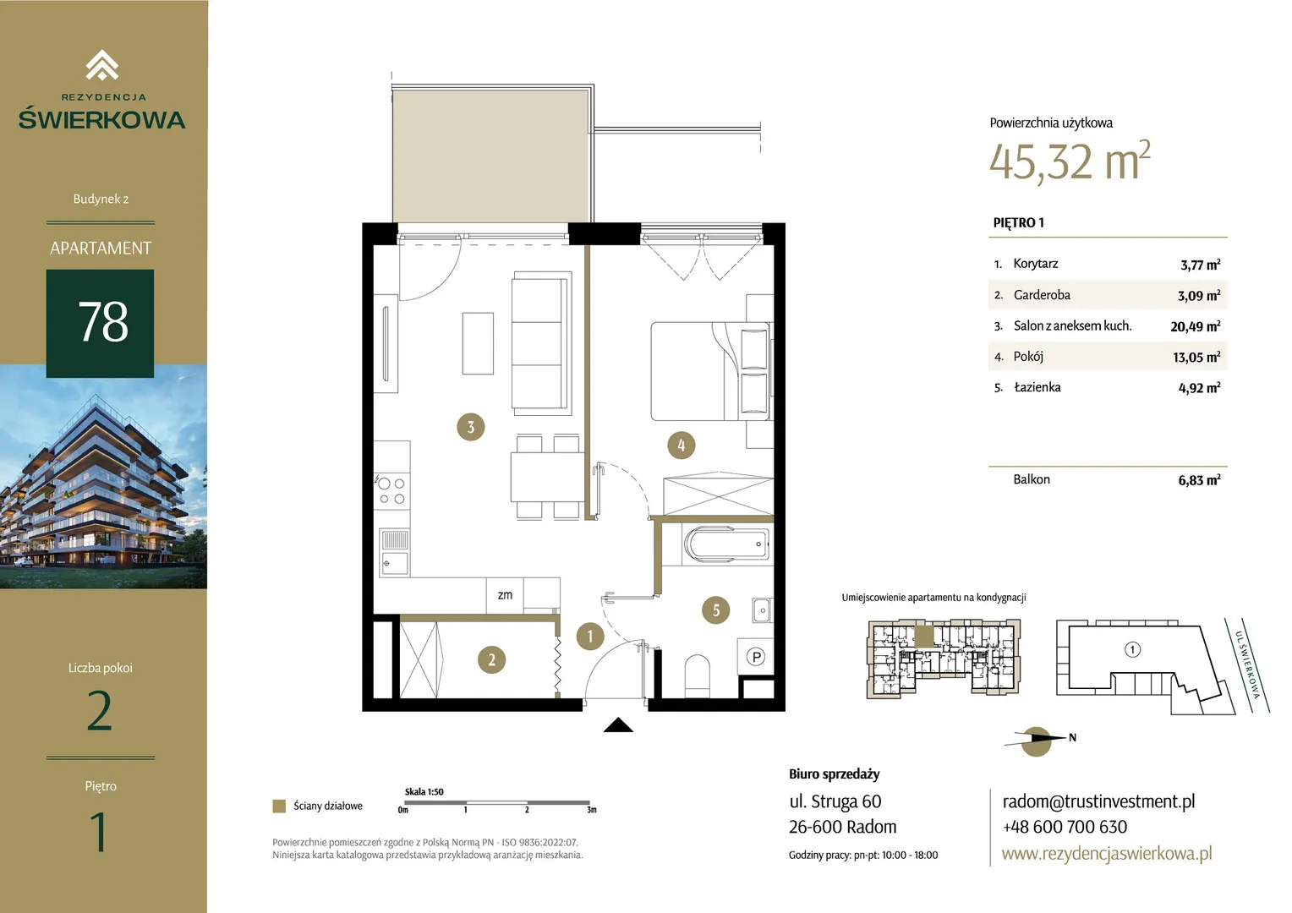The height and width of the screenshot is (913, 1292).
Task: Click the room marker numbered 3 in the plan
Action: pos(471,427)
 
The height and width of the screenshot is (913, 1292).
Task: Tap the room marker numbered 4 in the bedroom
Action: pos(682,446)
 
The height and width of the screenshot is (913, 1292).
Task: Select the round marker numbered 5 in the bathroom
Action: pos(716,610)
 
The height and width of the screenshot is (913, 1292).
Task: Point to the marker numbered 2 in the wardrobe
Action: pos(491,659)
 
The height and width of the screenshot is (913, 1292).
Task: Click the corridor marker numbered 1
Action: pos(590,637)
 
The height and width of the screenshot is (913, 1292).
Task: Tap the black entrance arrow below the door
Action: pos(618,725)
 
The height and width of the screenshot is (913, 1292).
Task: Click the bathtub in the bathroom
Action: pos(726,544)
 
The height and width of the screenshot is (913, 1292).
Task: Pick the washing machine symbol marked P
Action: pos(756,656)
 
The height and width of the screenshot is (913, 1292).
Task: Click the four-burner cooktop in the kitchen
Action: pos(391,491)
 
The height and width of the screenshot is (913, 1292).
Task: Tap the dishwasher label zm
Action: pos(505,594)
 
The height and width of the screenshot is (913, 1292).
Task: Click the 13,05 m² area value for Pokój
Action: pos(1196,357)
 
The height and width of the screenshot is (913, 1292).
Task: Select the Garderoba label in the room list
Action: pos(1042,295)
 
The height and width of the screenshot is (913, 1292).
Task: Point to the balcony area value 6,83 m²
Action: pos(1199,480)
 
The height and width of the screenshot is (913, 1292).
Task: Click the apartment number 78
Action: pos(102,322)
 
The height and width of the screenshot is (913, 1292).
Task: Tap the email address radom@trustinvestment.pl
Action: pos(1098,801)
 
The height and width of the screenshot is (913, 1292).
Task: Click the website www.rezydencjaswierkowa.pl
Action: pos(1107,853)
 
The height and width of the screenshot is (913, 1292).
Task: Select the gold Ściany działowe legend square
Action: pos(279,806)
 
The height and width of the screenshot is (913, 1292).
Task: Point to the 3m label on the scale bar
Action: pos(592,810)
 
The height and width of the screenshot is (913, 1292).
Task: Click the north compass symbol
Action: pos(1037,741)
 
